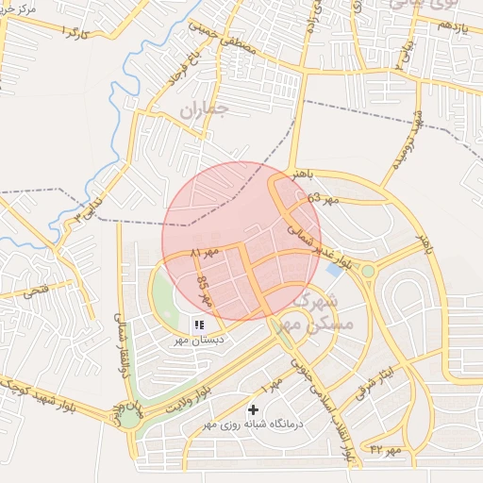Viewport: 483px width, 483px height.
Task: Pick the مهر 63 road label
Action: tap(322, 199)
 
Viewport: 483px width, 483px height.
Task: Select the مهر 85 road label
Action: tap(205, 294)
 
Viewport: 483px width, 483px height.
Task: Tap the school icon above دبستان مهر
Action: tap(199, 325)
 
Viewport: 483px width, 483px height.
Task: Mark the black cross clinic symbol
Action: tap(253, 409)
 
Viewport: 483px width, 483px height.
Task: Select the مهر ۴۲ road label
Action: tap(385, 450)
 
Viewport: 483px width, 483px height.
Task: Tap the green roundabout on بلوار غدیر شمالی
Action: tap(368, 271)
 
